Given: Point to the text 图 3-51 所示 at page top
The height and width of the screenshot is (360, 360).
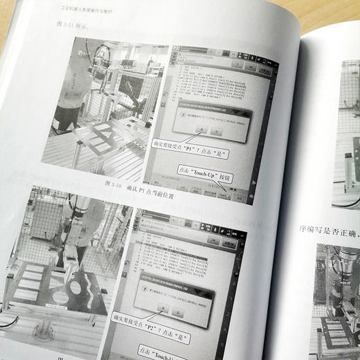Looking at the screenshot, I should tap(75, 26).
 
